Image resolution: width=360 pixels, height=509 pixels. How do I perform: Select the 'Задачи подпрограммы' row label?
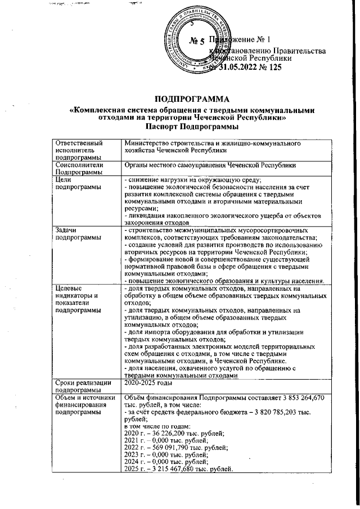coord(74,235)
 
